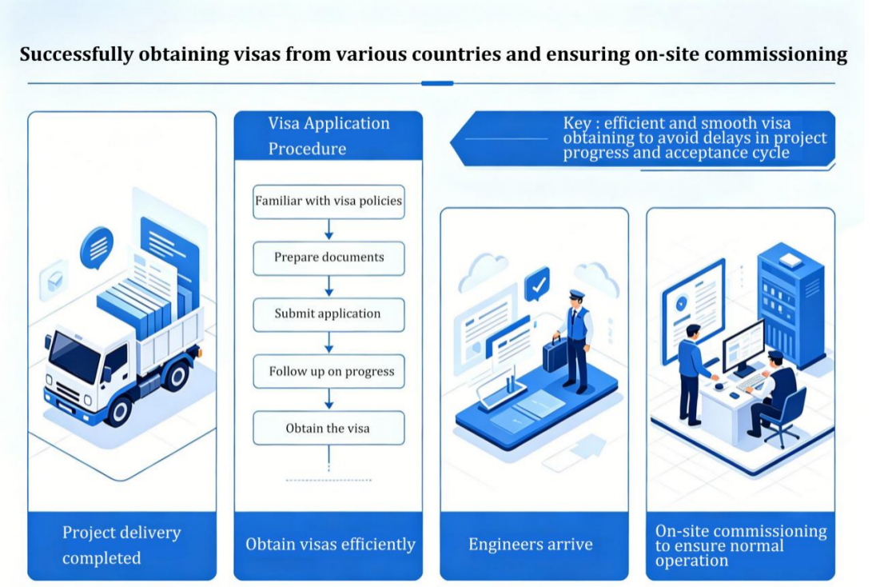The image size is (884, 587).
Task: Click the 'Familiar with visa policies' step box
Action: point(329,202)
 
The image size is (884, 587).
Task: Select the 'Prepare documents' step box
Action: point(329,258)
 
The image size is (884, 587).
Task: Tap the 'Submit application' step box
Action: point(329,313)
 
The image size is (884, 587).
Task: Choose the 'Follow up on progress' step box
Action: point(329,371)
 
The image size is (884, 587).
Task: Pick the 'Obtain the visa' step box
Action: point(329,428)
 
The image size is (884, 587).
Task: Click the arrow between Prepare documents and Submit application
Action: point(329,286)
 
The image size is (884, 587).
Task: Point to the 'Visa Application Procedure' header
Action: point(329,136)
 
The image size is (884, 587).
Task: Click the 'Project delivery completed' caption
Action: point(121,545)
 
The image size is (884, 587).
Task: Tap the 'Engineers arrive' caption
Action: point(531,545)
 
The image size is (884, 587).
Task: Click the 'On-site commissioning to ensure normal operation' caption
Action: point(740,545)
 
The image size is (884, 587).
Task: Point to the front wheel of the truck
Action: point(119,409)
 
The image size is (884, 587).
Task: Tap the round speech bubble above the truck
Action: point(97,246)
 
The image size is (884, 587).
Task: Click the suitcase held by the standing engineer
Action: point(554,353)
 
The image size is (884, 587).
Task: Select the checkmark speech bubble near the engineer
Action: point(537,284)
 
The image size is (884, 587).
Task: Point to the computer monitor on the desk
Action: point(743,346)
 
